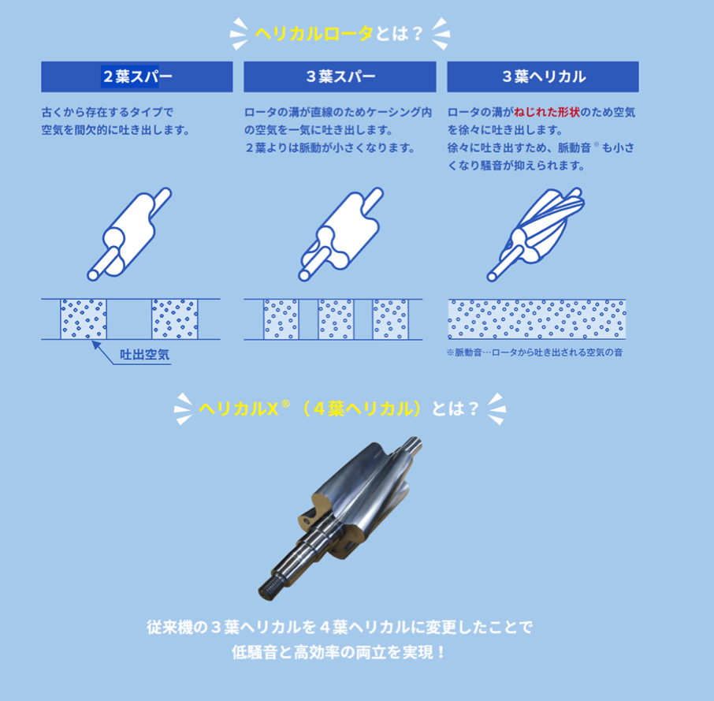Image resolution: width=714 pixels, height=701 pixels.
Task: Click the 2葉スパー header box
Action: click(x=136, y=76)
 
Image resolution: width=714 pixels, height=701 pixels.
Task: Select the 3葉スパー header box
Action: click(x=340, y=76)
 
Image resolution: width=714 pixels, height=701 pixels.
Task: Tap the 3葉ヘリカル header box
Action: click(x=543, y=76)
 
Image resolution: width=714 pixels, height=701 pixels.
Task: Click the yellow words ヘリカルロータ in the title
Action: click(x=314, y=34)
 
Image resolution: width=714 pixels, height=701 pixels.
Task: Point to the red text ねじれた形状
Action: click(x=547, y=112)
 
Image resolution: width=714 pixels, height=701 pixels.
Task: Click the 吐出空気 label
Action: click(x=144, y=355)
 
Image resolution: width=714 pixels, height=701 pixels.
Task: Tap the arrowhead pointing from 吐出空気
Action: click(x=95, y=345)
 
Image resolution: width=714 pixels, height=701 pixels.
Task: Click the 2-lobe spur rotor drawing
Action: click(x=129, y=233)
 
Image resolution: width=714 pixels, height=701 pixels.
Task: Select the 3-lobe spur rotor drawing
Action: click(x=341, y=233)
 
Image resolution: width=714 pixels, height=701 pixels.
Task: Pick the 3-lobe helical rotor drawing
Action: click(x=536, y=233)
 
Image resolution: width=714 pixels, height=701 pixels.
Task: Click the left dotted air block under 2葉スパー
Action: click(x=84, y=319)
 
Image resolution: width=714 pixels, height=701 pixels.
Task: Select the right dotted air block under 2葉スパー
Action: click(x=175, y=319)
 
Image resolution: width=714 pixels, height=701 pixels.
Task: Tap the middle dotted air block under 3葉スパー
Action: click(x=336, y=319)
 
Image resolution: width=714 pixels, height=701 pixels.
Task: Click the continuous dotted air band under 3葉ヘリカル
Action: click(x=537, y=319)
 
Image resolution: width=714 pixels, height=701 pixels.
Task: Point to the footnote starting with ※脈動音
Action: click(x=534, y=352)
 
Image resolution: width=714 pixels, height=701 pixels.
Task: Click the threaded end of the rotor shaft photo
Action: click(x=270, y=589)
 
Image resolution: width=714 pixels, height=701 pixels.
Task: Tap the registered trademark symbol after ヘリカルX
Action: click(x=285, y=404)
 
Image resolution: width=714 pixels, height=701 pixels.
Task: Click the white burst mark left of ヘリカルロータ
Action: click(x=239, y=34)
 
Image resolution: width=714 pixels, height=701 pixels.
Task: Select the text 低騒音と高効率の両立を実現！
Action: click(x=339, y=652)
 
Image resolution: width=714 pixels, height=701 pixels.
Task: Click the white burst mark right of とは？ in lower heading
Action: click(x=496, y=408)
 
